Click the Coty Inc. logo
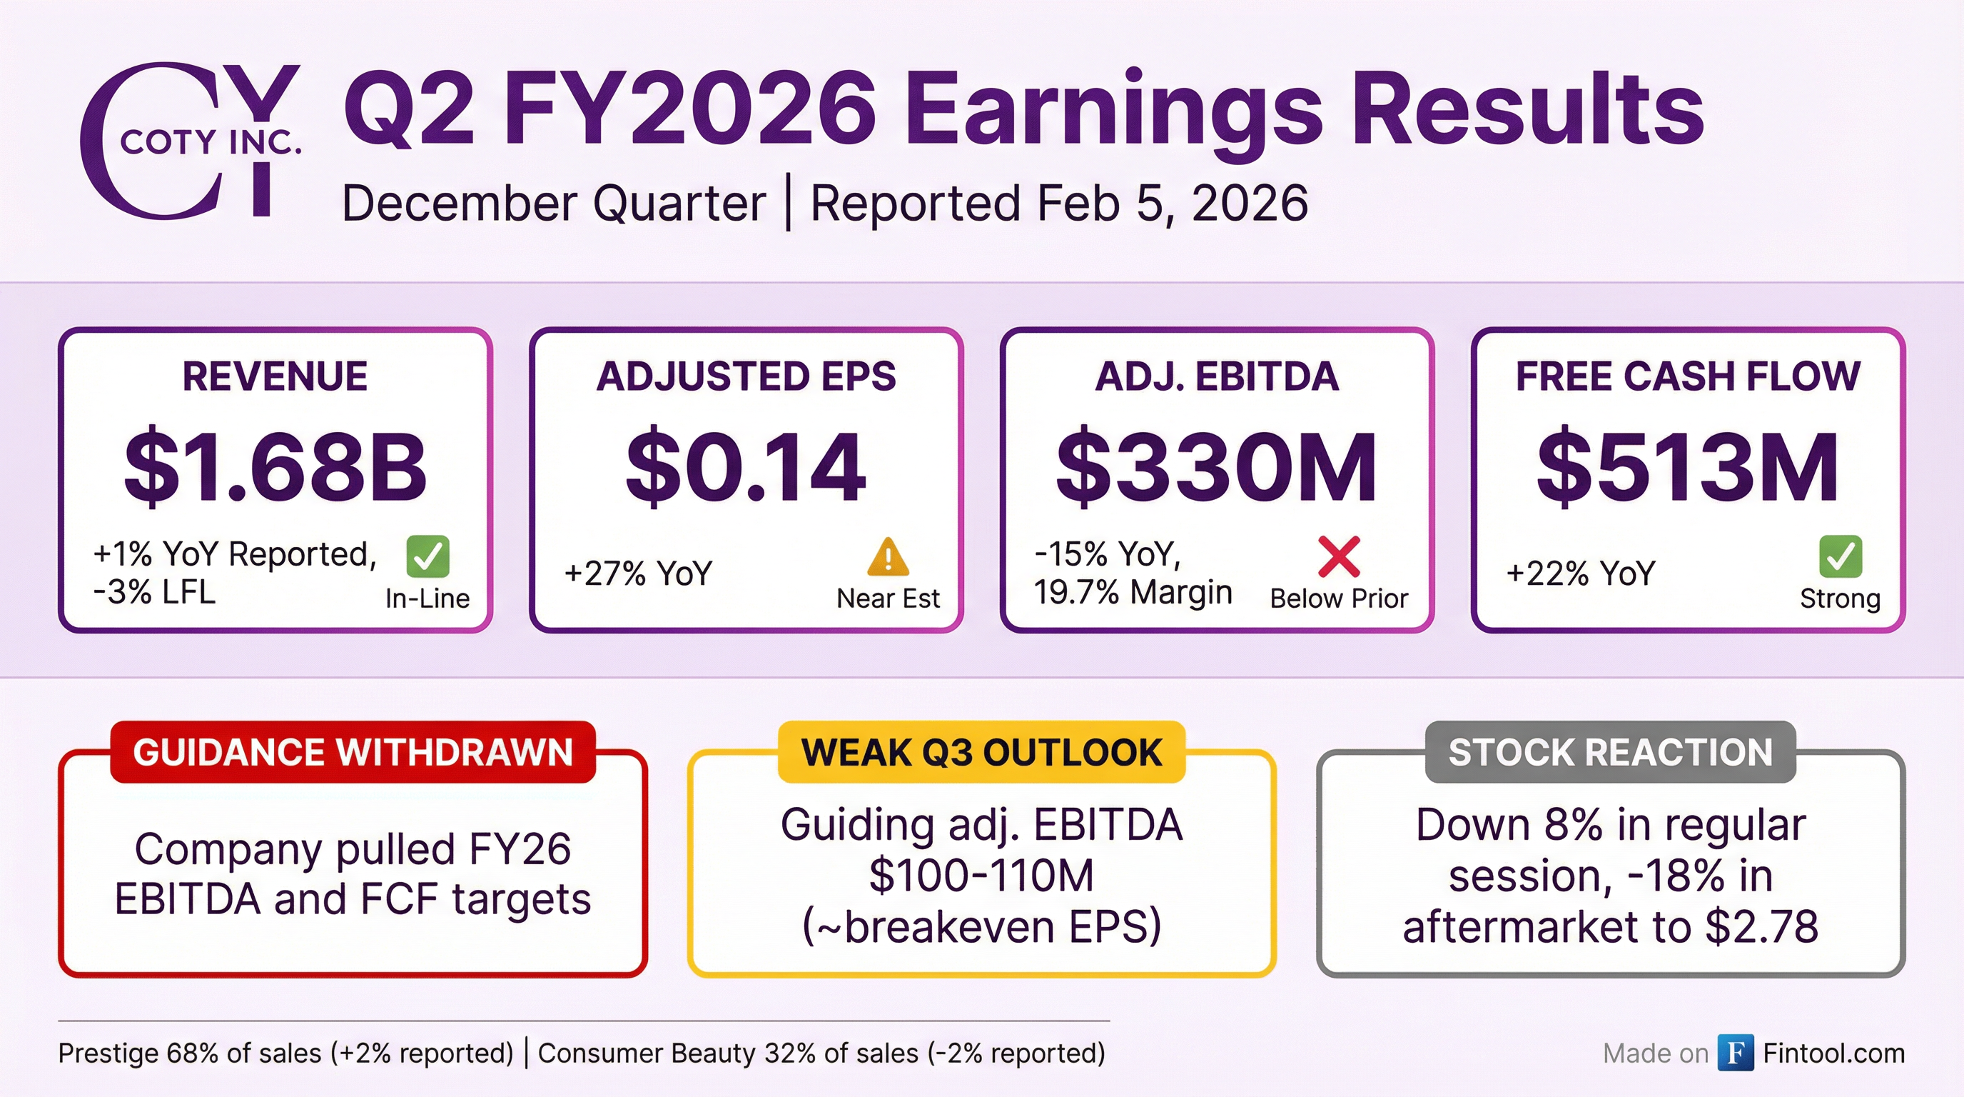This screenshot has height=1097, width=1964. [191, 141]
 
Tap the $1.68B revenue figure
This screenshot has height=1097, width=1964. [275, 467]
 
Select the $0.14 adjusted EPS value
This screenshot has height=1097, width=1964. [746, 467]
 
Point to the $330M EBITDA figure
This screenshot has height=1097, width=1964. [1217, 467]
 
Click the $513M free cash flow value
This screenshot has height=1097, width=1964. [1687, 467]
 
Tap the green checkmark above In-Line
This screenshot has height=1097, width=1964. [427, 556]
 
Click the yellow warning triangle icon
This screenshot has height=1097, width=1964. [888, 558]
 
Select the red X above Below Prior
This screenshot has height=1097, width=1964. [1339, 556]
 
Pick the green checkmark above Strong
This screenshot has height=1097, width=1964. [1840, 556]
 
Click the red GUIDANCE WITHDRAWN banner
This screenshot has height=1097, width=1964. [353, 752]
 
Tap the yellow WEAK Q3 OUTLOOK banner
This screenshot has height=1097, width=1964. [981, 752]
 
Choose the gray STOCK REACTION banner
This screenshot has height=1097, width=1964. [1610, 752]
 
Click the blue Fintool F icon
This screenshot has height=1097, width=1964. [1736, 1053]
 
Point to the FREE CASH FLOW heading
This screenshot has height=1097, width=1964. [1687, 376]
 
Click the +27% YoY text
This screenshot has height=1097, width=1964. [637, 573]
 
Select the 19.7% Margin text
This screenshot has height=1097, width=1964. [1133, 593]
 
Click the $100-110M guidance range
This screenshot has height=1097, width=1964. [981, 876]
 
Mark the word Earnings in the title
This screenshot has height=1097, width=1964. [1113, 111]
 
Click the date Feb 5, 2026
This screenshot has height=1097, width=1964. [1173, 204]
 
